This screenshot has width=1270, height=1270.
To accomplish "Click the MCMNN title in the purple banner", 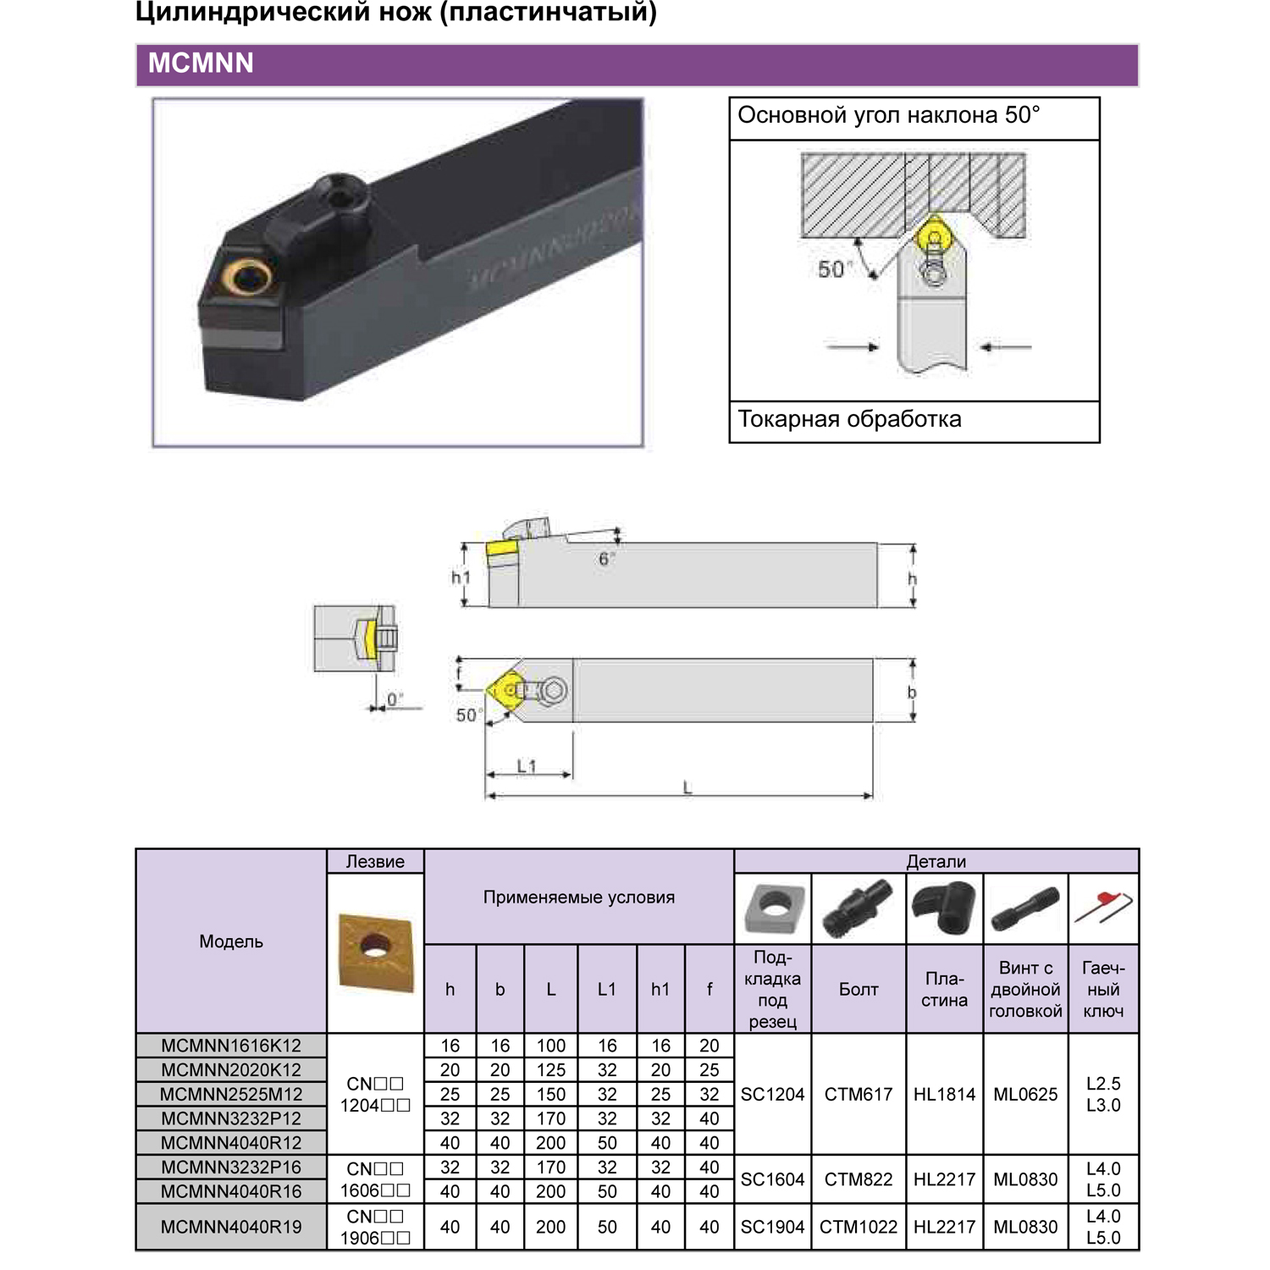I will click(201, 63).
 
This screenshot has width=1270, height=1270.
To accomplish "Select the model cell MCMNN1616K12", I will click(231, 1046).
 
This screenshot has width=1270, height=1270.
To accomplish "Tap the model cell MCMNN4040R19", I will click(231, 1227).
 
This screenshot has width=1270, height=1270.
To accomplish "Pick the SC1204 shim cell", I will click(772, 1094).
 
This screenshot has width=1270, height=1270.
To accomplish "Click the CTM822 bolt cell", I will click(859, 1179).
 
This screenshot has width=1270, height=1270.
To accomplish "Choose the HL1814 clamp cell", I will click(944, 1094).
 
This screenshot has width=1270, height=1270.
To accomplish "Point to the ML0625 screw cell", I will click(1025, 1094).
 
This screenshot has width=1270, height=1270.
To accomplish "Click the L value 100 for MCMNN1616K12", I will click(550, 1046).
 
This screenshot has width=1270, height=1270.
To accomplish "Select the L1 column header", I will click(607, 989).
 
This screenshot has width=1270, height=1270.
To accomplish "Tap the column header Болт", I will click(859, 989).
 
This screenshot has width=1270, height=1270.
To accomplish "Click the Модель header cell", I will click(231, 941).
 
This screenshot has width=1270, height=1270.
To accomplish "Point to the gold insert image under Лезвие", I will click(375, 950).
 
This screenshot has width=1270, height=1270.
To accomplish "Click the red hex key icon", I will click(1104, 908).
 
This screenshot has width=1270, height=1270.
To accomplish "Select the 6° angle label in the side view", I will click(605, 559).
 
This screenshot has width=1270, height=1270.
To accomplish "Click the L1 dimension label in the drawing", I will click(527, 765).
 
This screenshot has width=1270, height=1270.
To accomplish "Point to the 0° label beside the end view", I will click(395, 699).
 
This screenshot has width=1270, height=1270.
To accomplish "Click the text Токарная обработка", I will click(849, 420).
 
